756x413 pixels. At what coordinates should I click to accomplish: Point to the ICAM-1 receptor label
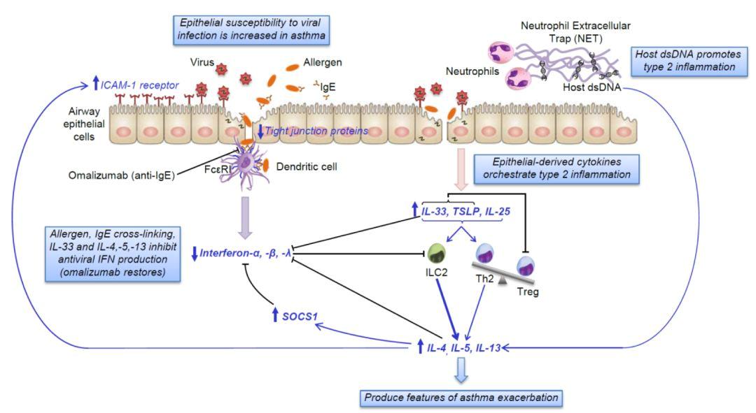(139, 85)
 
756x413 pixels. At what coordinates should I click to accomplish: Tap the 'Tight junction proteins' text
(311, 131)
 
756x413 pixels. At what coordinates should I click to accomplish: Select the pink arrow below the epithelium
(461, 171)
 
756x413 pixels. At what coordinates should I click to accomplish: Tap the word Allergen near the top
(323, 63)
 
